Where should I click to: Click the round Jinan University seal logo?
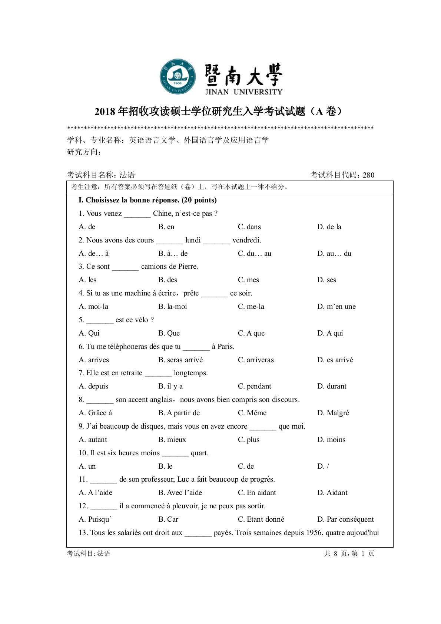tap(178, 77)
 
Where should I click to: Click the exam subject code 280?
tap(368, 175)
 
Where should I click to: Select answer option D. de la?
tap(329, 227)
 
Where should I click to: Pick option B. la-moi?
tap(173, 306)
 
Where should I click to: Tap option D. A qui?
tap(330, 333)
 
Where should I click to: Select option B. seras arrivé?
tap(180, 360)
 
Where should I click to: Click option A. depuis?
tap(93, 386)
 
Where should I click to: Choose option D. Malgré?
tap(333, 413)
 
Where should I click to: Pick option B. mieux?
tap(172, 439)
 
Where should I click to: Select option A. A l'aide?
tap(96, 492)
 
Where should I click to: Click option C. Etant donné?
tap(261, 519)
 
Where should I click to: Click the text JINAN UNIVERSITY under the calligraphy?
tap(243, 92)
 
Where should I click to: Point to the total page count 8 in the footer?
tap(335, 554)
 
